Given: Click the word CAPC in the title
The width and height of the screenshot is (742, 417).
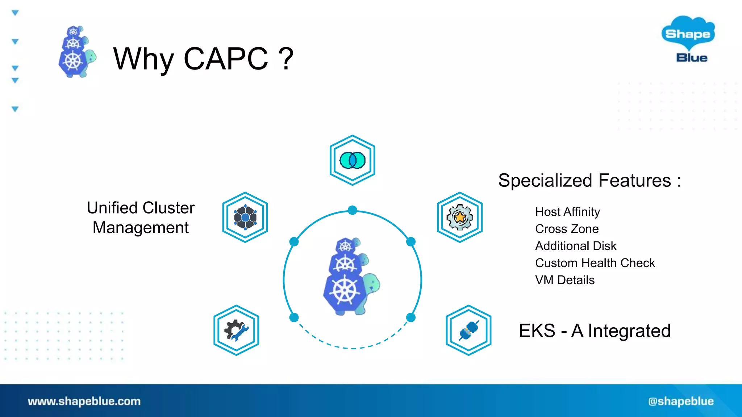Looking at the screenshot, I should point(226,59).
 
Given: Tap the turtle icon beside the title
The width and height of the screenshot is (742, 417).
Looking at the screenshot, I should point(76,52).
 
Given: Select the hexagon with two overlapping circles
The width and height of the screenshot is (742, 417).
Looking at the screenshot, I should point(352,160).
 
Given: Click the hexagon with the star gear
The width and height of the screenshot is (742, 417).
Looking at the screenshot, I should point(459,217).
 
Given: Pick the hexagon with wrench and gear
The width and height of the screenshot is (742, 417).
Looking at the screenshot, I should point(236,330).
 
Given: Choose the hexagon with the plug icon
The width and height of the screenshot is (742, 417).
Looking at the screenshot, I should point(468,330).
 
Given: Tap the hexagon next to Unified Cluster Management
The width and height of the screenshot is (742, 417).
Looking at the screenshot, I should point(245,217).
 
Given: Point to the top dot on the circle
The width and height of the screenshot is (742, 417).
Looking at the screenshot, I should point(352,210).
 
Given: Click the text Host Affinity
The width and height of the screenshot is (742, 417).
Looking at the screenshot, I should point(567,212).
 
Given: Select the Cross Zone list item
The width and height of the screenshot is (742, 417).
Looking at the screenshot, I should point(567,229).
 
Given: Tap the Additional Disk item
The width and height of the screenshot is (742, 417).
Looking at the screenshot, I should point(575,246).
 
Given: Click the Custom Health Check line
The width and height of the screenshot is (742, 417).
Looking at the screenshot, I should point(595,263).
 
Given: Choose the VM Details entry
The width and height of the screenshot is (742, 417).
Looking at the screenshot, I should point(564,280).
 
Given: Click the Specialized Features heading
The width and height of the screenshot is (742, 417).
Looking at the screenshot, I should point(589,180).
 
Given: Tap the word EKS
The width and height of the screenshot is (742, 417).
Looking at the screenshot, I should point(537,331).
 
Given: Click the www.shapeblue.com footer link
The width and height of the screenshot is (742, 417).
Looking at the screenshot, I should point(84,401).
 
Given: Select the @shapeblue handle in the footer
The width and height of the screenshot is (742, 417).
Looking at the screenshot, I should point(681,401).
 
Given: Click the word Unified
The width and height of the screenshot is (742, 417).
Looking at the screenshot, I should point(112,208).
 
